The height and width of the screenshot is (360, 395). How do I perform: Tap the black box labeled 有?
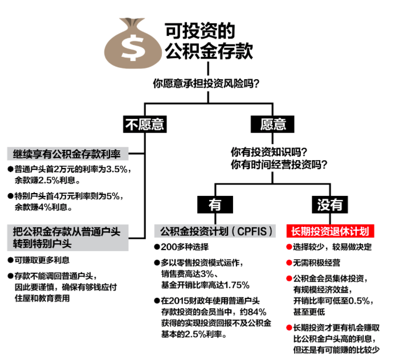[214, 203]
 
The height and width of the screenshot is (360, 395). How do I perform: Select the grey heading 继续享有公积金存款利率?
[67, 154]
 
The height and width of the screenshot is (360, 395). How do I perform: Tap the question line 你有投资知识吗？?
[269, 152]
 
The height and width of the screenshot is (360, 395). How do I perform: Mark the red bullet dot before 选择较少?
[288, 247]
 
